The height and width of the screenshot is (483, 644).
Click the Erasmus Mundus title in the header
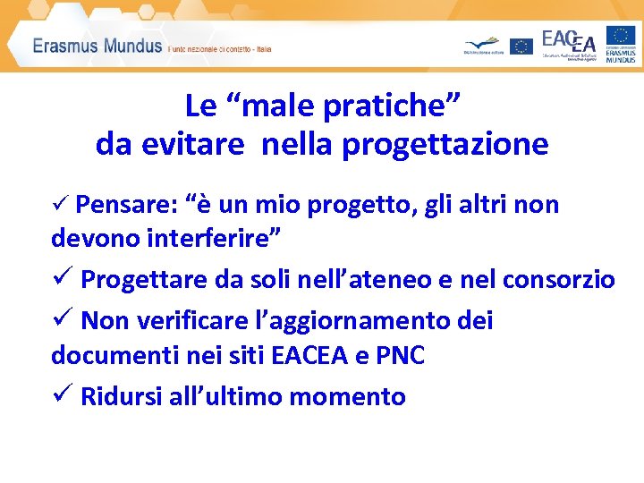(97, 47)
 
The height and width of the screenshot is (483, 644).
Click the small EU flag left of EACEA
(521, 46)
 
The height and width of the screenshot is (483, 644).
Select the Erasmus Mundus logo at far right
(621, 44)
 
